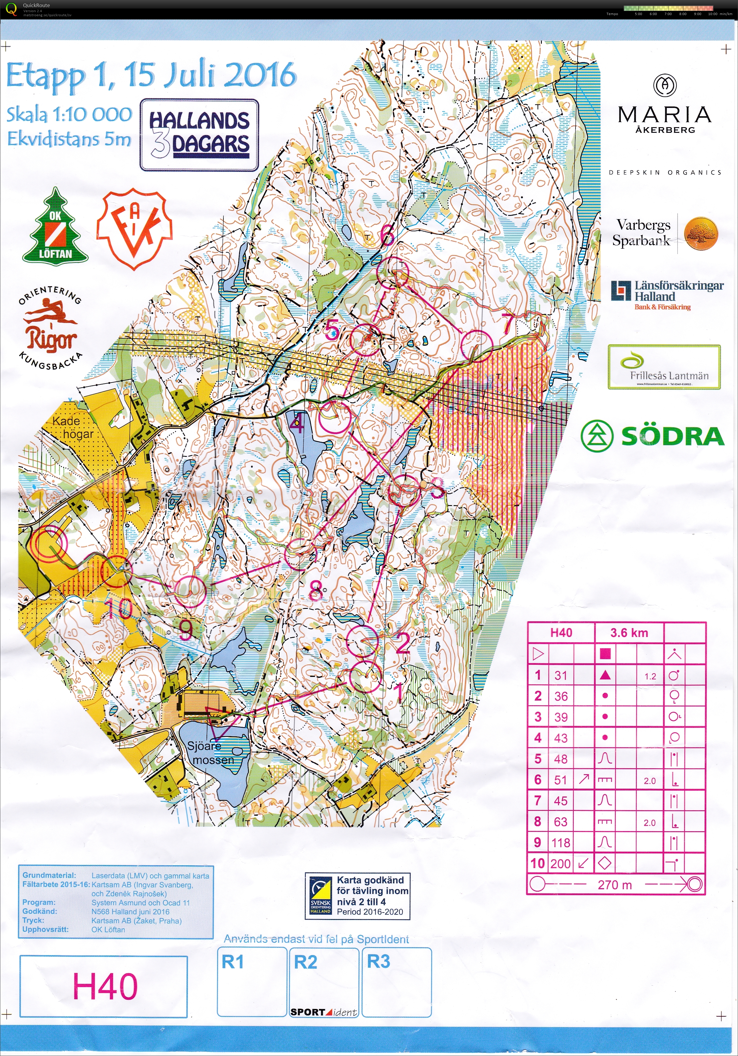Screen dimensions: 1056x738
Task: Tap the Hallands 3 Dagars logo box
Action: point(199,135)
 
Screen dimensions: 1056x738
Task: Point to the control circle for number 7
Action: point(477,345)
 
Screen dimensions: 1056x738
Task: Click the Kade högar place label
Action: point(72,427)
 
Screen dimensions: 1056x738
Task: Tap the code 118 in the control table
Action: point(560,842)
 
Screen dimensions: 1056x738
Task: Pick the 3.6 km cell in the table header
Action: point(629,633)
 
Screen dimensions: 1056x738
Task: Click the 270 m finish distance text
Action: point(615,884)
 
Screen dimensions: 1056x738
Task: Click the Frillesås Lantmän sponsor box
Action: point(664,367)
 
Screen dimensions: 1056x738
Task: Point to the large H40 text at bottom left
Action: point(105,986)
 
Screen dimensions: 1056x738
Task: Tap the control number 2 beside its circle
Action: point(403,643)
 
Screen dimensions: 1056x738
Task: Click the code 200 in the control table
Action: point(560,864)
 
